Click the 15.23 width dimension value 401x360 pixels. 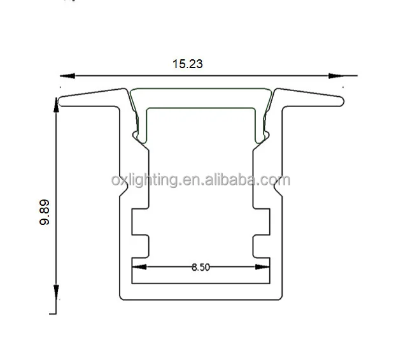[x=187, y=64]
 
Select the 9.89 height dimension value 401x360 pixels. [x=44, y=213]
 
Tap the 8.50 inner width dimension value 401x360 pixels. [x=200, y=268]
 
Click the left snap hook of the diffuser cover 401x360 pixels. [x=137, y=135]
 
